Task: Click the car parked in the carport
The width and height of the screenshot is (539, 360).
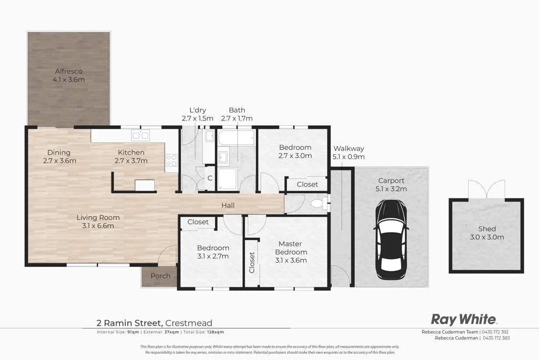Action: click(391, 239)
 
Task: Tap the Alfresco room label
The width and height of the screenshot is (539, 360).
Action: click(68, 71)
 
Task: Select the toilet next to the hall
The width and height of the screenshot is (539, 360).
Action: click(318, 203)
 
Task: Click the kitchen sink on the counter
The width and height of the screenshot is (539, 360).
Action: click(140, 135)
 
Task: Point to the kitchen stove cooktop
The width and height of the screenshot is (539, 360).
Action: click(172, 161)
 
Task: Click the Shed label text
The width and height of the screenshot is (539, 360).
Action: click(487, 229)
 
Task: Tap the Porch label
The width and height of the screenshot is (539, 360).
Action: click(161, 276)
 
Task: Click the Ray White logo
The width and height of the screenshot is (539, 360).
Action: click(463, 319)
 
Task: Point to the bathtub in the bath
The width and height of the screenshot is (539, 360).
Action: click(236, 139)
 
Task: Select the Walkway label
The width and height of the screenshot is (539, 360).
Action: click(348, 148)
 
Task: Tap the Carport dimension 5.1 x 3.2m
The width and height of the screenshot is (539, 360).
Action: click(391, 189)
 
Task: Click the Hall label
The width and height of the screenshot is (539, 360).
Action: click(227, 205)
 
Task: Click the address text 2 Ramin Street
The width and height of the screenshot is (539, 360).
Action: click(129, 323)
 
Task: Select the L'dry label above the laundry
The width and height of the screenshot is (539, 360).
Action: click(197, 110)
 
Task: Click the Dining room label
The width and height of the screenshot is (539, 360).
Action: click(59, 153)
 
